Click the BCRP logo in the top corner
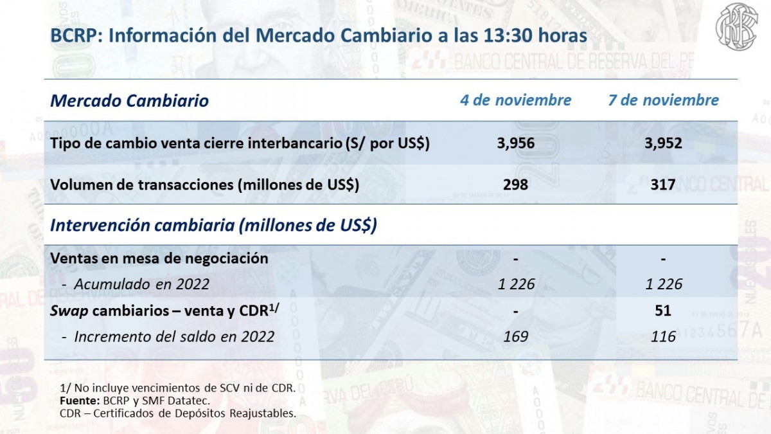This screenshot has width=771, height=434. coord(737,27)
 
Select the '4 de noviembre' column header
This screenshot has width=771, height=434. coord(515,100)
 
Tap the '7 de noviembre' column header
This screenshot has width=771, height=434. coord(663,100)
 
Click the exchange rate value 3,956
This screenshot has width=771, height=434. coord(515,143)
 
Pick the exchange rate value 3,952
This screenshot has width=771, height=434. coord(663,143)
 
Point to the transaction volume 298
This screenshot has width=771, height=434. coord(515,185)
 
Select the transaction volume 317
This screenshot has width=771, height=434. coord(663,185)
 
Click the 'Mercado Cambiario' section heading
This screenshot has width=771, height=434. coord(129,101)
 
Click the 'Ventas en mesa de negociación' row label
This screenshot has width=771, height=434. coord(159,258)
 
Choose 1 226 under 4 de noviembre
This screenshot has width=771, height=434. coord(516,284)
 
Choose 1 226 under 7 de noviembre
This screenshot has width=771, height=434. coord(663,284)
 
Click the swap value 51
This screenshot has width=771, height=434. coord(663,311)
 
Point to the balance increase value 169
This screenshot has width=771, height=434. coord(516,336)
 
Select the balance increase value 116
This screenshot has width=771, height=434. coord(663,336)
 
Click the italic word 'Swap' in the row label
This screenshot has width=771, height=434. coord(69,311)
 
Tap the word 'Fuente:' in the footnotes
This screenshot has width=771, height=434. coord(77,401)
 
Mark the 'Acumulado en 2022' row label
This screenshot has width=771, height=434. coord(141,284)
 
